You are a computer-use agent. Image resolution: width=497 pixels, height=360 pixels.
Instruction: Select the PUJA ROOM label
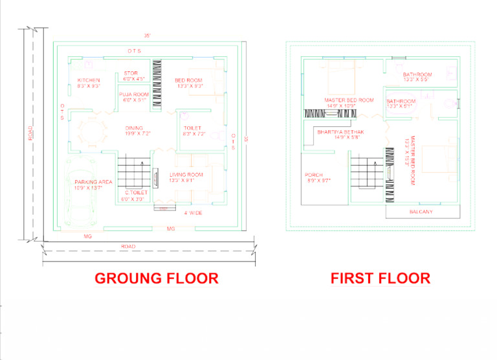point(134,95)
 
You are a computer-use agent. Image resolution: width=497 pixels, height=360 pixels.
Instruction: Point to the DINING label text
point(135,128)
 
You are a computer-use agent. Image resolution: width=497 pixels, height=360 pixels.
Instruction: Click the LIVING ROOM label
point(186,175)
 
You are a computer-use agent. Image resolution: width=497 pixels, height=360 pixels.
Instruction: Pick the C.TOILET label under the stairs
point(137,193)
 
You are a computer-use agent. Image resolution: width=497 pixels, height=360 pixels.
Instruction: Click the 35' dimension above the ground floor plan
point(148,35)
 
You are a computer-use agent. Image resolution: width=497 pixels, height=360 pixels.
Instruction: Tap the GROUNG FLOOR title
point(156,278)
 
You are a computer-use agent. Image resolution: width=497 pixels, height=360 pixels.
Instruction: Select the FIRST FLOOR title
point(380,278)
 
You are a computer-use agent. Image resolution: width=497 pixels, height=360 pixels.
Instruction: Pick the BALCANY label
point(421,212)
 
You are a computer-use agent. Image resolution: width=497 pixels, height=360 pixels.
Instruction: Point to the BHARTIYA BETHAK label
point(341,132)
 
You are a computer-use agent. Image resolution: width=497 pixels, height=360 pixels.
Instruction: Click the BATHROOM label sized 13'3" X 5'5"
point(417,74)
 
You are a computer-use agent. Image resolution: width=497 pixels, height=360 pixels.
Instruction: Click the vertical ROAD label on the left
point(30,133)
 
